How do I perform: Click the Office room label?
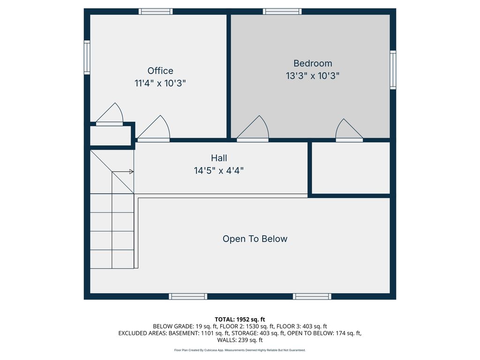pyautogui.click(x=160, y=71)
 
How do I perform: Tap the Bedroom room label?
pyautogui.click(x=313, y=63)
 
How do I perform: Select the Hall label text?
pyautogui.click(x=219, y=158)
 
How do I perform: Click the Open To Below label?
pyautogui.click(x=255, y=239)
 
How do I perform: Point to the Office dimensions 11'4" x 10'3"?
pyautogui.click(x=160, y=83)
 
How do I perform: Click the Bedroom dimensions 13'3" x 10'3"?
pyautogui.click(x=313, y=75)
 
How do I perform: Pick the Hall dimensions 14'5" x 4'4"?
pyautogui.click(x=219, y=170)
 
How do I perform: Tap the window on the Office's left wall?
pyautogui.click(x=87, y=57)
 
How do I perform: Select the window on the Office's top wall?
pyautogui.click(x=156, y=12)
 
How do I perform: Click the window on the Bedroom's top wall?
pyautogui.click(x=282, y=12)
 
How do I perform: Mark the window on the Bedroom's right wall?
pyautogui.click(x=393, y=70)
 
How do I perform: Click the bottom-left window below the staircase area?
pyautogui.click(x=188, y=296)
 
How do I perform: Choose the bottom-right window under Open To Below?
pyautogui.click(x=312, y=296)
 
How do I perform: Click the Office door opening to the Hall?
pyautogui.click(x=153, y=128)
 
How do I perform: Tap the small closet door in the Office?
pyautogui.click(x=110, y=114)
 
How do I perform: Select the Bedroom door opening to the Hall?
pyautogui.click(x=253, y=128)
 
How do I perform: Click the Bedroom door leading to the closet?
pyautogui.click(x=349, y=130)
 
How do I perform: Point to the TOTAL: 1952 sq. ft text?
pyautogui.click(x=240, y=320)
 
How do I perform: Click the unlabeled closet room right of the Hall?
pyautogui.click(x=351, y=168)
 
